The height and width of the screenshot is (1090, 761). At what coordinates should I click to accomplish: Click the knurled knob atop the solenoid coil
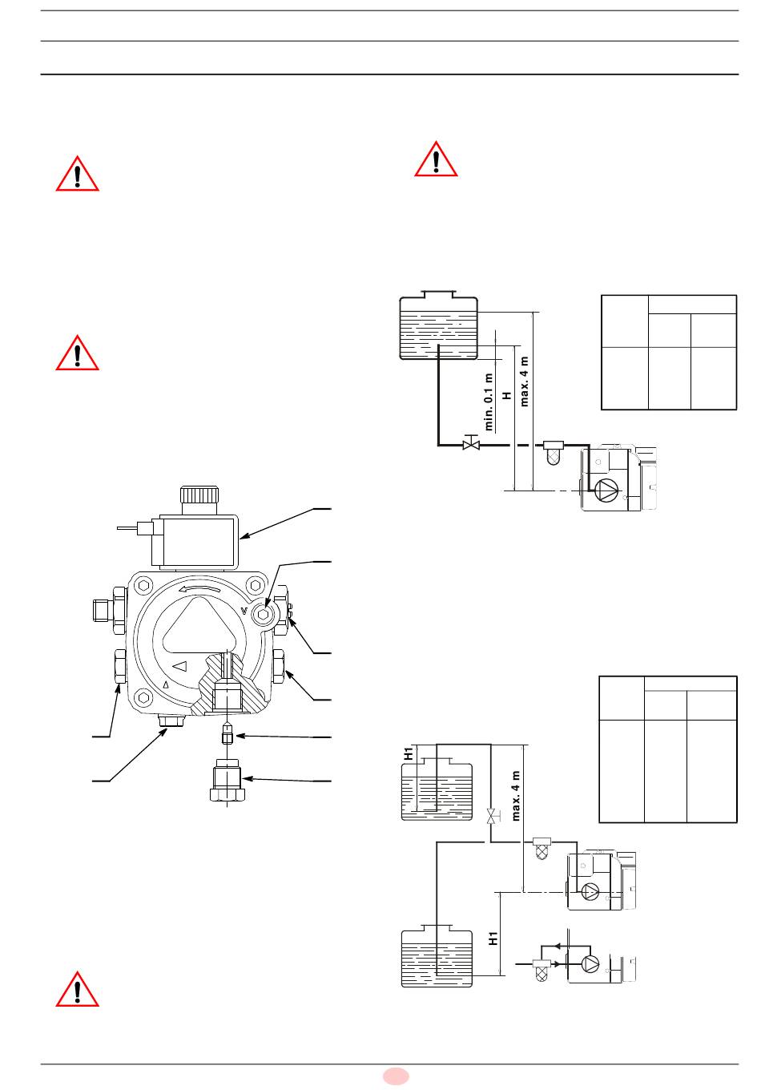[x=199, y=495]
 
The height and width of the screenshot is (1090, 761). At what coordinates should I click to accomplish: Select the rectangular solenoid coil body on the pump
[x=195, y=542]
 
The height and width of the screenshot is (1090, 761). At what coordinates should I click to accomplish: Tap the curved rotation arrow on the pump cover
[x=199, y=589]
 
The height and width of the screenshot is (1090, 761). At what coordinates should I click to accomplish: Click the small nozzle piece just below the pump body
[x=227, y=736]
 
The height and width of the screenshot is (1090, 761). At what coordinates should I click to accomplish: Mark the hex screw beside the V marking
[x=263, y=614]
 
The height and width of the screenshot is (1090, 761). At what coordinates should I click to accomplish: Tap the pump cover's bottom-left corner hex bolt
[x=143, y=697]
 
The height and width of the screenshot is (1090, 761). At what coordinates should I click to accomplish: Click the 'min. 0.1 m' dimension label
[x=489, y=402]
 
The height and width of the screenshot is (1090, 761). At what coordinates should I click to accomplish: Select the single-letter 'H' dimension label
[x=507, y=395]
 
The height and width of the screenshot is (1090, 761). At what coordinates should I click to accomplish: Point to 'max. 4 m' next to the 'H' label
[x=524, y=381]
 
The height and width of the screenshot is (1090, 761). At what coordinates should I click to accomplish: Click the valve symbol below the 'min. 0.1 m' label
[x=471, y=443]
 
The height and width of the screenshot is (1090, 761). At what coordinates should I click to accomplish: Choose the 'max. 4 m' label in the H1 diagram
[x=516, y=796]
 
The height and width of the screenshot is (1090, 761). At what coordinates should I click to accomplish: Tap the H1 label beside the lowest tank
[x=493, y=939]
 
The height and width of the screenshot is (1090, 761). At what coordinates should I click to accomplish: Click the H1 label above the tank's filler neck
[x=409, y=753]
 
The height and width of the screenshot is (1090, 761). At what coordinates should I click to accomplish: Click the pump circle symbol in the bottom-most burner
[x=590, y=964]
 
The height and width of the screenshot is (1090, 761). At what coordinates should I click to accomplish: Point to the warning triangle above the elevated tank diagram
[x=436, y=159]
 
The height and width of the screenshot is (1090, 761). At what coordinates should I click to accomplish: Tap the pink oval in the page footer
[x=396, y=1076]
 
